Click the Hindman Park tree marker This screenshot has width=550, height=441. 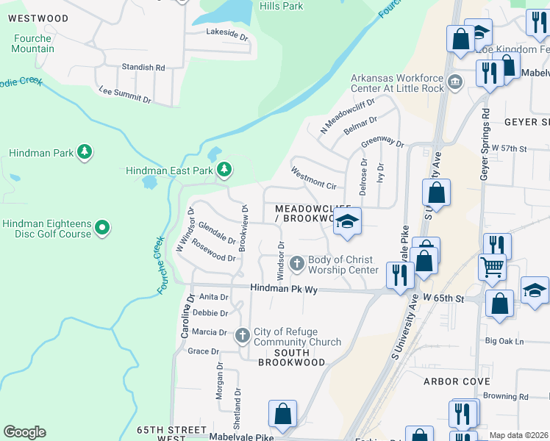coord(85,152)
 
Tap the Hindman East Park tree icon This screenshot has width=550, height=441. coord(224,170)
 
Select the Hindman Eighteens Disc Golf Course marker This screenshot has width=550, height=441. coord(102,229)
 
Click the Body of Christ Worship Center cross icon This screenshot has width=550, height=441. coord(297,262)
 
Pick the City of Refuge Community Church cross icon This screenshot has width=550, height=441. coord(243,336)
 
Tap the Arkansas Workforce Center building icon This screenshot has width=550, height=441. coord(454,80)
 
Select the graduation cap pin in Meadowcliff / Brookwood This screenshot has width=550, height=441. coord(347,220)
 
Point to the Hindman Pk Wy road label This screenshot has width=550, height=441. coord(283,290)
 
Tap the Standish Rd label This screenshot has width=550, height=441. coord(143,67)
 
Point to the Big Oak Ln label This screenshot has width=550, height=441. coord(504,341)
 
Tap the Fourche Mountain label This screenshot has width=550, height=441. coord(32,43)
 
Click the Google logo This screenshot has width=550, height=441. coord(24,432)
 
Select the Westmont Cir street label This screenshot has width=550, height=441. coord(313,181)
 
